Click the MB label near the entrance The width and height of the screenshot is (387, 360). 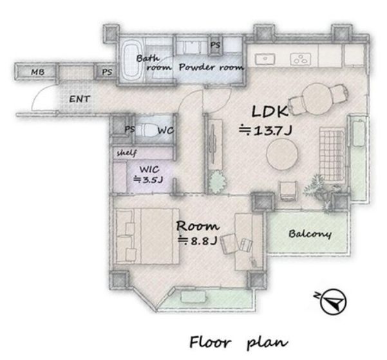point(38,72)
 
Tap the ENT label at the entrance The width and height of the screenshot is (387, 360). point(79,99)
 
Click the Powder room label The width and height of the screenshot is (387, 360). point(211,67)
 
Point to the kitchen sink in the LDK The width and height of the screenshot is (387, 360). point(265,59)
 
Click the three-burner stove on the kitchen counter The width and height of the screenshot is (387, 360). point(301,59)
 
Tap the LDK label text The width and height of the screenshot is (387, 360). point(270,111)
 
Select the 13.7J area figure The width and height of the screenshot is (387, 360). point(265,130)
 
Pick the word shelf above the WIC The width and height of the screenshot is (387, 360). point(127,153)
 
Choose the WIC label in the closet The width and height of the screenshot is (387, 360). point(149,169)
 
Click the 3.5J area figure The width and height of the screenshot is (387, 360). point(148,180)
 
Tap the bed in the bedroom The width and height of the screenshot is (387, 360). point(147,236)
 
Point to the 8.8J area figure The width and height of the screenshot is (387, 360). point(198,240)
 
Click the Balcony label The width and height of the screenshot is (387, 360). point(310,234)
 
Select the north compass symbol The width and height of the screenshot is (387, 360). point(332,301)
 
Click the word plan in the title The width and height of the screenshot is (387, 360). point(267,343)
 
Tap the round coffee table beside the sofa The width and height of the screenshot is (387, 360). point(282,154)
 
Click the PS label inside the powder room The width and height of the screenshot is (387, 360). point(215,45)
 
